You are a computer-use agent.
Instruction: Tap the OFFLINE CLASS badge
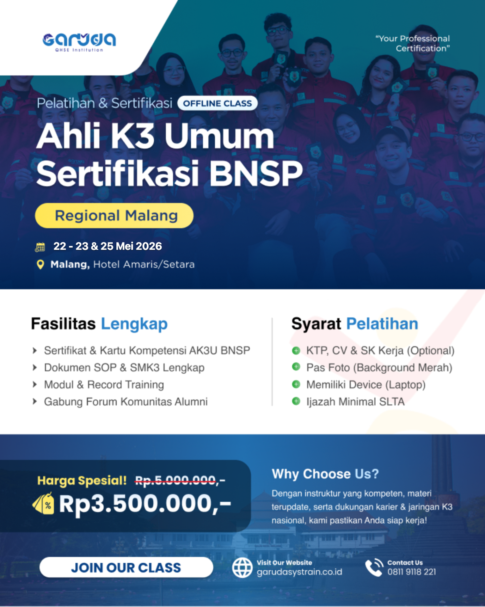(x=218, y=103)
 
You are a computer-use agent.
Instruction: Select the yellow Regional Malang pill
(x=114, y=216)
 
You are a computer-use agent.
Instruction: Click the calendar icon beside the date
(x=40, y=247)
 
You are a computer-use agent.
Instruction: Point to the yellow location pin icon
(x=40, y=264)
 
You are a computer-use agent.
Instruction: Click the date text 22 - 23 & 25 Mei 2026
(x=107, y=246)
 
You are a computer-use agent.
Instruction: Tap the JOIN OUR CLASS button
(x=126, y=567)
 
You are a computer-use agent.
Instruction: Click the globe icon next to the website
(x=242, y=567)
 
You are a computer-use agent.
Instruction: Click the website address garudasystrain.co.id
(x=299, y=572)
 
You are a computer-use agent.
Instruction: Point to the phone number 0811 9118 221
(x=412, y=572)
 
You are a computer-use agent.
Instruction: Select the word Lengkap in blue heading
(x=134, y=324)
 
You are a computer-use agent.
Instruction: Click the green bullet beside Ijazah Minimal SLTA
(x=296, y=401)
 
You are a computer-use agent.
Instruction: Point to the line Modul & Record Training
(x=104, y=385)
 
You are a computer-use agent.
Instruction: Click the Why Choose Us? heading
(x=325, y=474)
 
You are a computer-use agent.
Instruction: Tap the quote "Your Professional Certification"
(x=413, y=43)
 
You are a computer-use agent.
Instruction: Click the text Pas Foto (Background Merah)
(x=379, y=368)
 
